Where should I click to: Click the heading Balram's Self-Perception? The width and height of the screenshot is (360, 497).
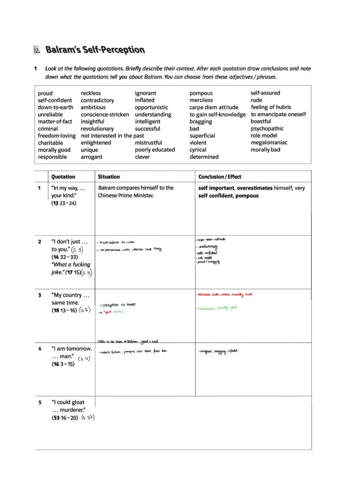pyautogui.click(x=95, y=50)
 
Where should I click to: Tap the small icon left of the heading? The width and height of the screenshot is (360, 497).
pyautogui.click(x=37, y=50)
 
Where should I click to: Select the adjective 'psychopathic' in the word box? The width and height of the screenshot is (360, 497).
pyautogui.click(x=267, y=128)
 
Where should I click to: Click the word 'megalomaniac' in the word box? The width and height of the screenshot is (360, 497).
pyautogui.click(x=269, y=142)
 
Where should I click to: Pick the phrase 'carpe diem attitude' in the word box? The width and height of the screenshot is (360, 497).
pyautogui.click(x=214, y=107)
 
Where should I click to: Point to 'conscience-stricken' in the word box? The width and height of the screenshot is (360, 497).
pyautogui.click(x=105, y=114)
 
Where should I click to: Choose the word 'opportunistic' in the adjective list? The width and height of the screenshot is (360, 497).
pyautogui.click(x=151, y=107)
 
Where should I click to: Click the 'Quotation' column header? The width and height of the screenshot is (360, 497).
pyautogui.click(x=63, y=177)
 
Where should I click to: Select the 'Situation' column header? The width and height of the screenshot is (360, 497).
pyautogui.click(x=109, y=177)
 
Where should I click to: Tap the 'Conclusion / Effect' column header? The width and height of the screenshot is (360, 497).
pyautogui.click(x=220, y=177)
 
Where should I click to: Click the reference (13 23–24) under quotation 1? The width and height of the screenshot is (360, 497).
pyautogui.click(x=63, y=203)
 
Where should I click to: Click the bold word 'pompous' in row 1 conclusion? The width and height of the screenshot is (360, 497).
pyautogui.click(x=247, y=196)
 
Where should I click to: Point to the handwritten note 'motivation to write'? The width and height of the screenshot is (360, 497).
pyautogui.click(x=117, y=242)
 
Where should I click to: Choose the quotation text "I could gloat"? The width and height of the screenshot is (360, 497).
pyautogui.click(x=68, y=402)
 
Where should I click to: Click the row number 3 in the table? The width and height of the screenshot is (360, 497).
pyautogui.click(x=40, y=295)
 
